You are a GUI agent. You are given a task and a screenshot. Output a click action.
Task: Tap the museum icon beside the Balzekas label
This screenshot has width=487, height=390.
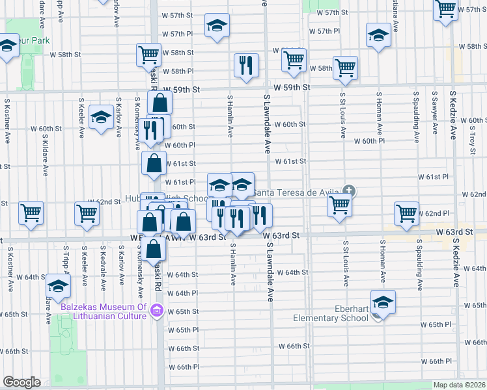click(x=156, y=311)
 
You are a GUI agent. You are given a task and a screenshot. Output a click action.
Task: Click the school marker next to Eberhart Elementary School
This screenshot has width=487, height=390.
click(x=383, y=302)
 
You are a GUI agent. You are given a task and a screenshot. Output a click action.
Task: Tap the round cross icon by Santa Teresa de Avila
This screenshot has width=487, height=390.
click(x=350, y=190)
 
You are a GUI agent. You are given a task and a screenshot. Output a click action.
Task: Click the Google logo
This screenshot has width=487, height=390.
click(x=21, y=382)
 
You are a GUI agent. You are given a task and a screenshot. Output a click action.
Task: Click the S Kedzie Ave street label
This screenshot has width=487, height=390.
click(x=453, y=115)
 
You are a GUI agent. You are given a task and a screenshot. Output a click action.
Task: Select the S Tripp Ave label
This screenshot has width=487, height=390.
click(x=66, y=266)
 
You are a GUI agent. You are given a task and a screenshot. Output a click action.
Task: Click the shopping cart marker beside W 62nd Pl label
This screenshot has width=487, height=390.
click(x=406, y=213)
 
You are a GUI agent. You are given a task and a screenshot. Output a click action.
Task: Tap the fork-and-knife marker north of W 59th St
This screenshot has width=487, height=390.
click(x=245, y=65)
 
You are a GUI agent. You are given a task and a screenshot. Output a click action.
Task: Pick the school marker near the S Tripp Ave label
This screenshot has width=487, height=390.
click(x=58, y=285)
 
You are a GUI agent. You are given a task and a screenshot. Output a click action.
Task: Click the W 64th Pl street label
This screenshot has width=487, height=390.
click(x=182, y=293)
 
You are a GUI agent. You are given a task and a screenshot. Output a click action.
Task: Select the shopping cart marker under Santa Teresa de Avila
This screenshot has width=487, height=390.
click(x=339, y=205)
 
